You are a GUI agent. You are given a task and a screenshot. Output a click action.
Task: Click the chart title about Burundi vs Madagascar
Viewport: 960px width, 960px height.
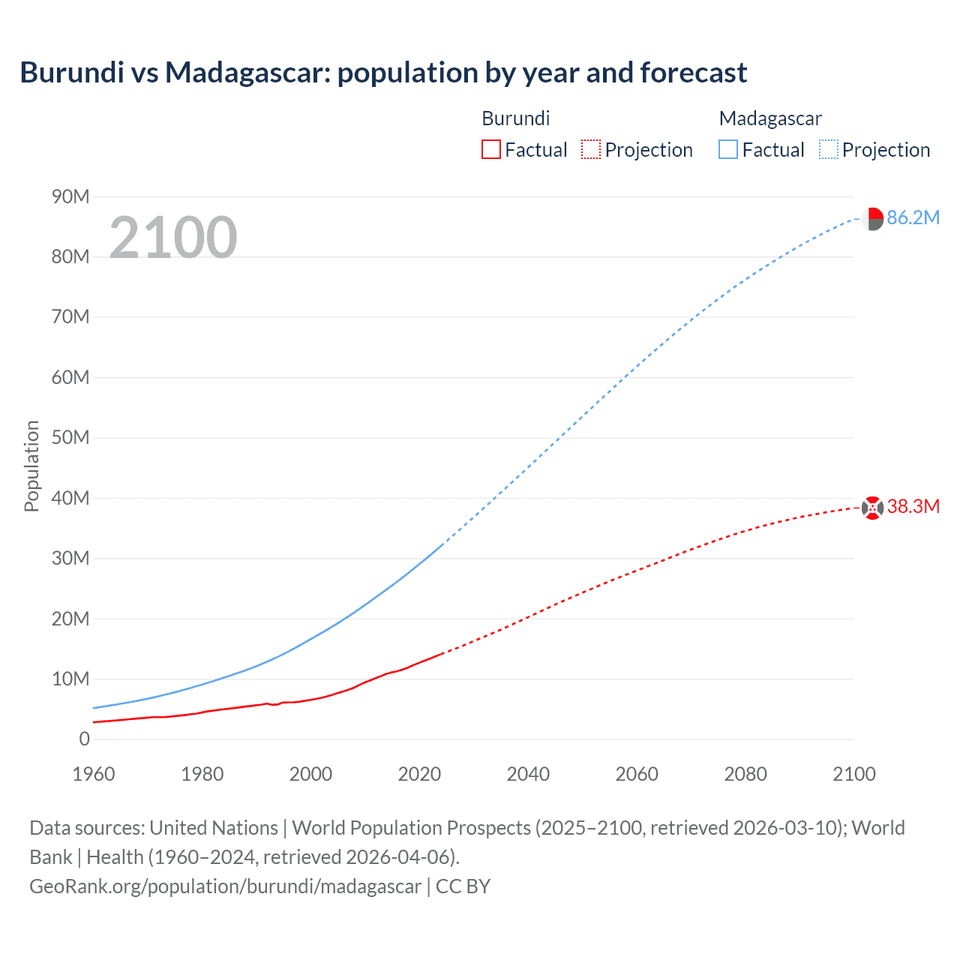pyautogui.click(x=383, y=73)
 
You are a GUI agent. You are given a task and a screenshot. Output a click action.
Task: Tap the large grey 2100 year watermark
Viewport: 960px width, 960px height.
pyautogui.click(x=173, y=238)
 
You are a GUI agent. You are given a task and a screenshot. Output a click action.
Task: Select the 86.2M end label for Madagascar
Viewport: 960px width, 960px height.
pyautogui.click(x=913, y=217)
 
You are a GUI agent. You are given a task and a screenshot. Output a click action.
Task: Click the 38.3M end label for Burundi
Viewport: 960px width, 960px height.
pyautogui.click(x=913, y=506)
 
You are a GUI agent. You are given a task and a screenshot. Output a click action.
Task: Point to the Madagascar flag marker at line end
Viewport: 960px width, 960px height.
pyautogui.click(x=872, y=219)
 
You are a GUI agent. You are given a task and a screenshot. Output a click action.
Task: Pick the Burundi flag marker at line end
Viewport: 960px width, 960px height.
pyautogui.click(x=872, y=508)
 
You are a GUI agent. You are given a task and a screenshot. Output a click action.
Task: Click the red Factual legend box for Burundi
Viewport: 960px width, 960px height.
pyautogui.click(x=491, y=149)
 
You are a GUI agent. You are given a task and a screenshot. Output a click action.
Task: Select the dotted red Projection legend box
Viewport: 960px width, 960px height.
pyautogui.click(x=591, y=149)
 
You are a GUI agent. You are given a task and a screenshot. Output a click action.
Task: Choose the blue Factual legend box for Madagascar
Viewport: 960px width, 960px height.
pyautogui.click(x=728, y=149)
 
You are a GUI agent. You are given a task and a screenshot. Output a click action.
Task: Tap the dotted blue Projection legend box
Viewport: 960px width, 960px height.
pyautogui.click(x=829, y=149)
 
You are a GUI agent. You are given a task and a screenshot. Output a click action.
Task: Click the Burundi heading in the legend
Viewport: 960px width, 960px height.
pyautogui.click(x=516, y=118)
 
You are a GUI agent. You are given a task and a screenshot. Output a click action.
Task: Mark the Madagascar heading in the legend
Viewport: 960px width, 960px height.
pyautogui.click(x=770, y=118)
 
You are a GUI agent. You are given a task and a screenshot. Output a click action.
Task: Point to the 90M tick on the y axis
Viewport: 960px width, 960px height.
pyautogui.click(x=70, y=196)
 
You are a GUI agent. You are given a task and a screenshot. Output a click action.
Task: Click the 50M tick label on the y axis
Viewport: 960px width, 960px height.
pyautogui.click(x=70, y=437)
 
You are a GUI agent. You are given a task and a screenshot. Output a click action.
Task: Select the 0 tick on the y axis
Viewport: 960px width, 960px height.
pyautogui.click(x=84, y=739)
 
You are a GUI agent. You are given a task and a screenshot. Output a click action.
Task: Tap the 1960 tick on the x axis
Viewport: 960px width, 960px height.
pyautogui.click(x=94, y=774)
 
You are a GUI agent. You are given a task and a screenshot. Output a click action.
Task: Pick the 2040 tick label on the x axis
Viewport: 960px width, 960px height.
pyautogui.click(x=528, y=774)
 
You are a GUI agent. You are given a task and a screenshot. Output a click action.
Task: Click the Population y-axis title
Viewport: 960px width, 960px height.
pyautogui.click(x=31, y=466)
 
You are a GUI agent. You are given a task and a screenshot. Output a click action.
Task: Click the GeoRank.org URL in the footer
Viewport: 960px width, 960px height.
pyautogui.click(x=225, y=886)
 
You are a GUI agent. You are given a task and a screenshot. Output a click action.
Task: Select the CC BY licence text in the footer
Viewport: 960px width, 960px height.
pyautogui.click(x=463, y=886)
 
